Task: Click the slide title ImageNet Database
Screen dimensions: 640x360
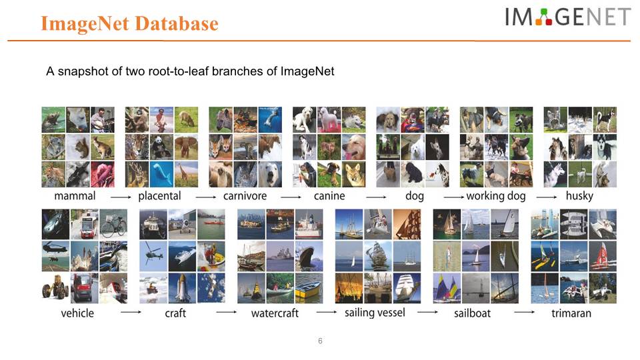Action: click(129, 24)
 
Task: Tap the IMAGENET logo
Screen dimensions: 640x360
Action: click(568, 17)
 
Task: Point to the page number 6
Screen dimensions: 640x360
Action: click(320, 341)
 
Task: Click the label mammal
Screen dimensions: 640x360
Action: click(75, 196)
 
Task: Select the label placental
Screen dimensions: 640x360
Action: click(159, 196)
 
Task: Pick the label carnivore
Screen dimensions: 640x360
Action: click(245, 196)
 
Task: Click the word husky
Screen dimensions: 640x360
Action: click(579, 196)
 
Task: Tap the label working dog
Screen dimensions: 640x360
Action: click(496, 196)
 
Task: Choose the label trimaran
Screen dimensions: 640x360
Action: click(571, 313)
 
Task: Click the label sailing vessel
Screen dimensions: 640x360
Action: click(375, 313)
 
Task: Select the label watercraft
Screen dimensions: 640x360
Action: click(275, 313)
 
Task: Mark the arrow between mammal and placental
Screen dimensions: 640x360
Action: click(121, 197)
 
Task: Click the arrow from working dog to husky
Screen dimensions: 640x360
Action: click(547, 197)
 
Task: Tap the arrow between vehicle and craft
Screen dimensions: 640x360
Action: click(131, 312)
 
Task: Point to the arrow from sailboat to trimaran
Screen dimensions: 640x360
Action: click(524, 312)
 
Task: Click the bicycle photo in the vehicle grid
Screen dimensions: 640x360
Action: click(113, 224)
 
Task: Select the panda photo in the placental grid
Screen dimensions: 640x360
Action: click(161, 147)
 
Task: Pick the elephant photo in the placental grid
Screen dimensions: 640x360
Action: click(186, 147)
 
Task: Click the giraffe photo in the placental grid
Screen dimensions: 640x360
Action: click(186, 174)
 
